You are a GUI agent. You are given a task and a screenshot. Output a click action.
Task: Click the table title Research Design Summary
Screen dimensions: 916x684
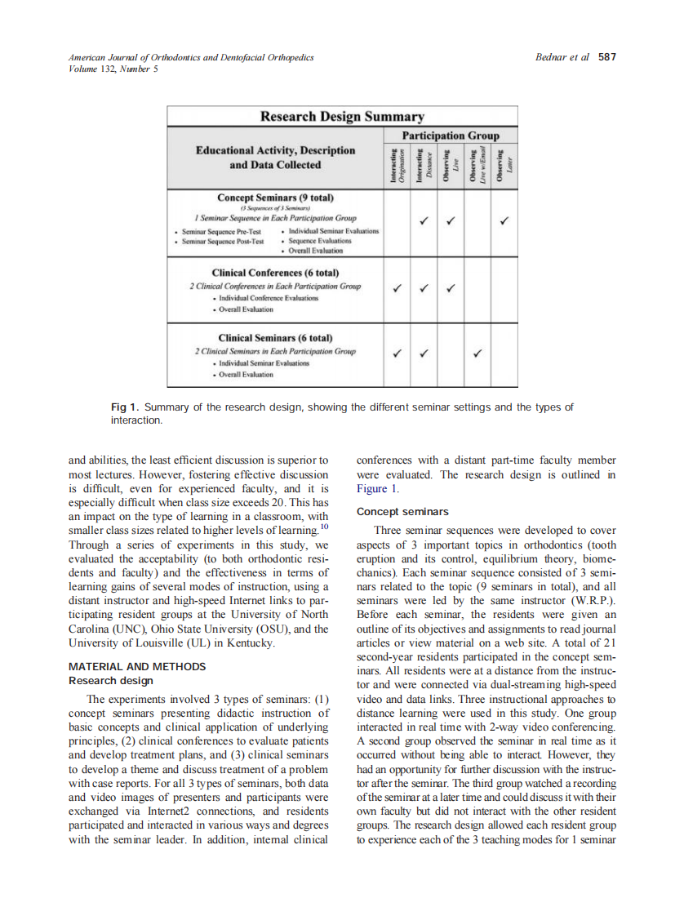point(342,117)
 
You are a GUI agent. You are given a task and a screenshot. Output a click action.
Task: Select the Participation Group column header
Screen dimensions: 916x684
point(451,135)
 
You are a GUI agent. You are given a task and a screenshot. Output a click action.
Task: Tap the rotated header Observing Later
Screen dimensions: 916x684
point(505,165)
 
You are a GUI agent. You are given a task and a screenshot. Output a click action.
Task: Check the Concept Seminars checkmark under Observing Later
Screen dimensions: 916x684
point(505,220)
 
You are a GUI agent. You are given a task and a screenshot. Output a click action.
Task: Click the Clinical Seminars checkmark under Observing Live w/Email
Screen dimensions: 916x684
point(478,354)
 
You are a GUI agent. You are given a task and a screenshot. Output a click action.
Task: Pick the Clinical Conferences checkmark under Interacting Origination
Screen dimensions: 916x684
point(398,287)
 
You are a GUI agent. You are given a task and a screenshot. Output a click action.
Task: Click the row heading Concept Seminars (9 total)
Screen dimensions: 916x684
point(275,198)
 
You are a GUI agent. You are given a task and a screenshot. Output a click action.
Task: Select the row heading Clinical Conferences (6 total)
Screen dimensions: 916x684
point(275,273)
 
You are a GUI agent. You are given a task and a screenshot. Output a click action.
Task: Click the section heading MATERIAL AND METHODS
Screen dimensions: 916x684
point(137,666)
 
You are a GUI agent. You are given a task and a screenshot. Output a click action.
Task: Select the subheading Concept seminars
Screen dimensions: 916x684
point(402,512)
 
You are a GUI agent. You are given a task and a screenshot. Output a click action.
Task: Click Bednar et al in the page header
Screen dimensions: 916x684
point(563,57)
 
